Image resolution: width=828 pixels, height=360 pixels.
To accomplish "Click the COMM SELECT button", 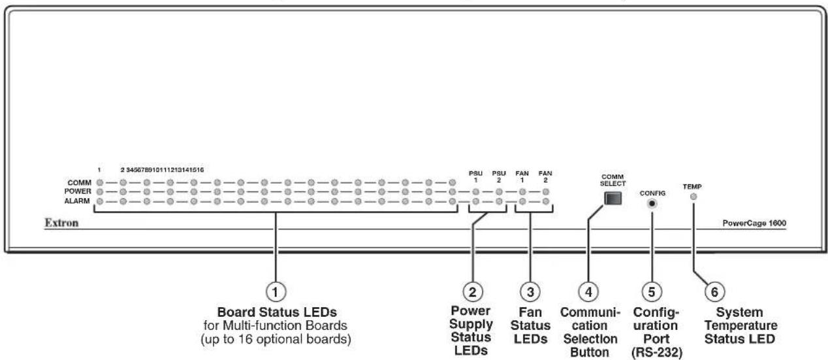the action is pos(613,199).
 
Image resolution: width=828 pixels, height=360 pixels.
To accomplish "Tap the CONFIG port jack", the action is pos(652,203).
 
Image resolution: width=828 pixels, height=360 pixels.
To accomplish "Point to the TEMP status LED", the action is pos(693,197).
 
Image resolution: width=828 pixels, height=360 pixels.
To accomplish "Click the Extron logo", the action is pos(61,223).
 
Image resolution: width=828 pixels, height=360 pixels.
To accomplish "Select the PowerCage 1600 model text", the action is pos(754,223).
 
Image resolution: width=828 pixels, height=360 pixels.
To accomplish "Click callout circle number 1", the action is pos(276,292).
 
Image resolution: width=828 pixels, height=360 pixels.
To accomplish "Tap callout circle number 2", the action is pos(472,292).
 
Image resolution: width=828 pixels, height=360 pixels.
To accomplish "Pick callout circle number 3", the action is pos(530,292).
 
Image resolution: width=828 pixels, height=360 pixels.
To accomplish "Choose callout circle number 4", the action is pos(588,292).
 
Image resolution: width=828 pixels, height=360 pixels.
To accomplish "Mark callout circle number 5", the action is pos(652,292).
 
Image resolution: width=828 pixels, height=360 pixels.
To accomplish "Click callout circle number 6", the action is pos(714,292).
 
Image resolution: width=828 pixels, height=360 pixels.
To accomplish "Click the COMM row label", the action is pos(79,183).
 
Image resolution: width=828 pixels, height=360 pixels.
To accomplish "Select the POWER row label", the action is pos(78,191).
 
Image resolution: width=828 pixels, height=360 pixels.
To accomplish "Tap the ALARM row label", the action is pos(77,201).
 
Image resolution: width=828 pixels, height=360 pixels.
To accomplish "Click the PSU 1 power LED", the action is pos(476,191).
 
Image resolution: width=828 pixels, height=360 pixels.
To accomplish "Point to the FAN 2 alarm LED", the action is pos(546,201).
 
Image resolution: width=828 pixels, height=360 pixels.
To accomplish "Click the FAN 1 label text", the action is pos(522,176).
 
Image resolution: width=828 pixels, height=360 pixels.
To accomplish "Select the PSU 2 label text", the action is pos(499,176).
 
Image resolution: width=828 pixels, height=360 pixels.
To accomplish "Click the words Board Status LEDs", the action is pos(277,312).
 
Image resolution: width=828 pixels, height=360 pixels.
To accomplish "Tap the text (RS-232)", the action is pos(656,352).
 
